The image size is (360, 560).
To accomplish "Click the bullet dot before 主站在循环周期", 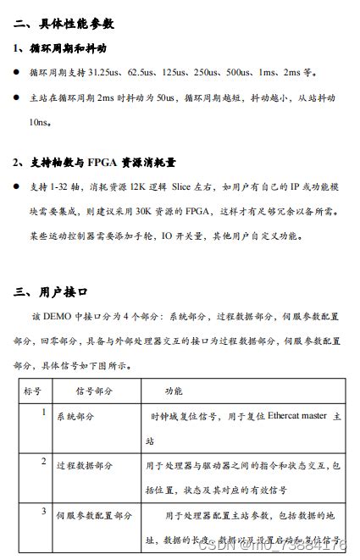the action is coord(17,99).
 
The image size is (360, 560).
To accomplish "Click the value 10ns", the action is coord(39,123).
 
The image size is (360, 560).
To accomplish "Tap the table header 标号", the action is coord(33,391).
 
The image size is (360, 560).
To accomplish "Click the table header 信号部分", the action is coord(94,391).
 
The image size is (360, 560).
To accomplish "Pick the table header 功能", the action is coord(173,391).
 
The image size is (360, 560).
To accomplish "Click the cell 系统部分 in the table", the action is coord(75,417).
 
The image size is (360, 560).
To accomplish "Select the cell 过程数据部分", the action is coord(84,465).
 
